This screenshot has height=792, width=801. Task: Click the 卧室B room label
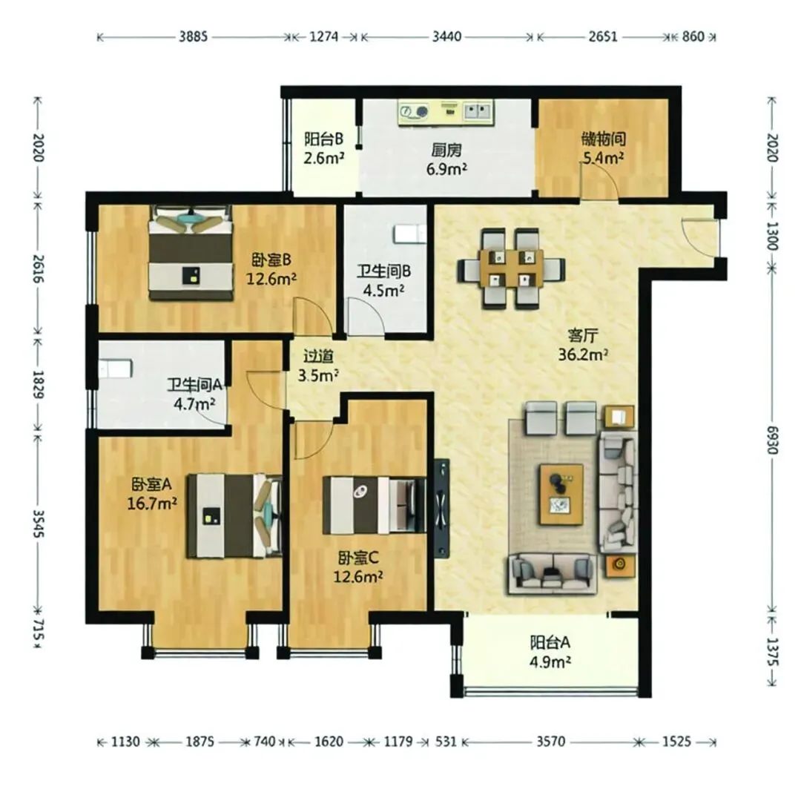pos(271,260)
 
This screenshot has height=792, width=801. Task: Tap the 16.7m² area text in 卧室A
pos(152,504)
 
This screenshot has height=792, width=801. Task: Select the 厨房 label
pos(446,150)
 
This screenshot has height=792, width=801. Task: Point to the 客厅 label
pos(583,335)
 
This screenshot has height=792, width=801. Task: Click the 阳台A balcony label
pos(550,642)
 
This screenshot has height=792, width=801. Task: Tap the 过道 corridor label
pos(318,356)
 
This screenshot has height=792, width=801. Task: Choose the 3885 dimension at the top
pos(193,37)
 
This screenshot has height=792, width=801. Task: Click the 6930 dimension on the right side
pos(771,440)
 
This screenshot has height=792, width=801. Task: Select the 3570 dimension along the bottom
pos(550,741)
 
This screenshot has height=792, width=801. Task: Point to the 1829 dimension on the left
pos(38,385)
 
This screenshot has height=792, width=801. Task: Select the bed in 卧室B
pos(190,252)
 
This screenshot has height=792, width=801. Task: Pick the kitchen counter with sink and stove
pos(446,112)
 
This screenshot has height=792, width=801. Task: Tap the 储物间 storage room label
pos(603,139)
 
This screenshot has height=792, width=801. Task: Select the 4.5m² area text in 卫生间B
pos(383,291)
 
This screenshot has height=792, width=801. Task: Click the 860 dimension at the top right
pos(693,37)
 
